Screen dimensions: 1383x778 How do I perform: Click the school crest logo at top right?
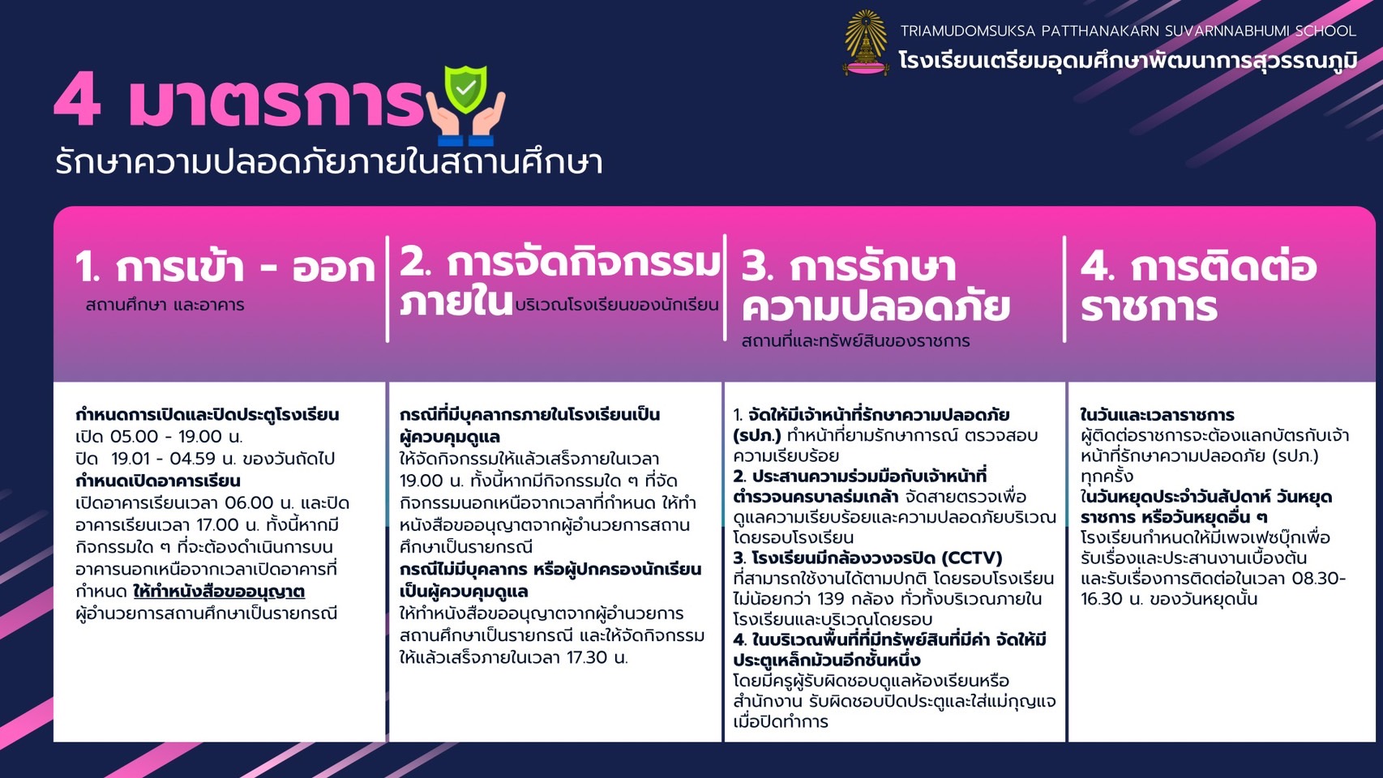click(x=866, y=42)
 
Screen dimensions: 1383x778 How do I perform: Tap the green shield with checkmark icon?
click(x=465, y=89)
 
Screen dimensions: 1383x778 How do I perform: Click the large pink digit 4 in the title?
click(x=77, y=100)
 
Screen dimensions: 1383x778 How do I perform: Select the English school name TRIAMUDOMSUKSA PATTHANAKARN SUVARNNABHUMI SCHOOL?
click(x=1128, y=31)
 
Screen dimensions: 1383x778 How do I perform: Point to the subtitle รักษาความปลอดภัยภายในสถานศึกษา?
click(x=328, y=162)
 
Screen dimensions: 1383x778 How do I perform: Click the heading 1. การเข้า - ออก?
click(x=225, y=268)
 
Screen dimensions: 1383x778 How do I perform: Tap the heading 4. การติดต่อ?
click(x=1198, y=267)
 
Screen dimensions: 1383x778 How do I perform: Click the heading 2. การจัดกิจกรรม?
click(x=560, y=263)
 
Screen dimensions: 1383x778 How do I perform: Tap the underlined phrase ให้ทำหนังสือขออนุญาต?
click(x=219, y=592)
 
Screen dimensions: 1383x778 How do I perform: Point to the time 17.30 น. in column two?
click(x=597, y=657)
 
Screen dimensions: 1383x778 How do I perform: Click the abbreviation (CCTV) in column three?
click(x=972, y=558)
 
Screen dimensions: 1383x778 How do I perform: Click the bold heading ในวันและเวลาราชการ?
click(x=1157, y=414)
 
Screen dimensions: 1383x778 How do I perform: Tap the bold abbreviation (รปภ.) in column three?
click(x=757, y=435)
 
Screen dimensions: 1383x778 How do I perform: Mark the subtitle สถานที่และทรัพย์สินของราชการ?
click(x=856, y=341)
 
